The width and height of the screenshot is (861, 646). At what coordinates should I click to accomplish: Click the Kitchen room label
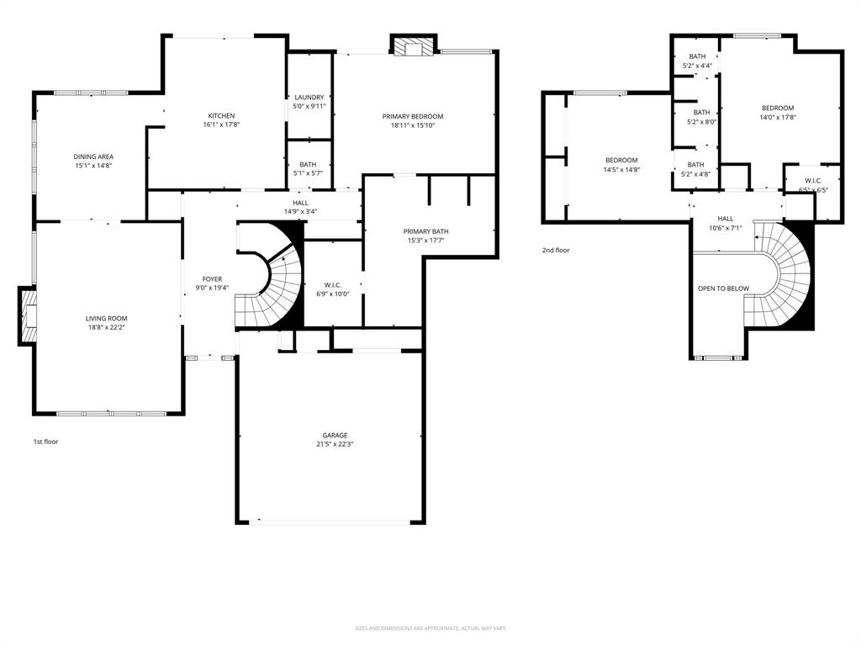pyautogui.click(x=222, y=116)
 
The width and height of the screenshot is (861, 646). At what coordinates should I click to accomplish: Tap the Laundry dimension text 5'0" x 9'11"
pyautogui.click(x=309, y=107)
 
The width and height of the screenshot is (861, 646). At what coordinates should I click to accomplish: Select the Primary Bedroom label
pyautogui.click(x=412, y=116)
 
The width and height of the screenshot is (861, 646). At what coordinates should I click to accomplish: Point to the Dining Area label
pyautogui.click(x=93, y=156)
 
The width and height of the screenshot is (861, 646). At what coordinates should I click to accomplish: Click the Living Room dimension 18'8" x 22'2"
pyautogui.click(x=106, y=327)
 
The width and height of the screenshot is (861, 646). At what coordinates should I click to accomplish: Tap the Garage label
pyautogui.click(x=335, y=435)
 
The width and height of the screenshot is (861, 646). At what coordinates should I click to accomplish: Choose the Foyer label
pyautogui.click(x=212, y=278)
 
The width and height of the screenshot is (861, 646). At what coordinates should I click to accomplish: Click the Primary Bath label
pyautogui.click(x=425, y=231)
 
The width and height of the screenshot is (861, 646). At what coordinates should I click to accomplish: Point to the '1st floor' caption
pyautogui.click(x=45, y=441)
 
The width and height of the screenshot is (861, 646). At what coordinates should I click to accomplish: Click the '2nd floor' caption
pyautogui.click(x=556, y=250)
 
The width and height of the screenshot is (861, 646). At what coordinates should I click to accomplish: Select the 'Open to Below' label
pyautogui.click(x=723, y=289)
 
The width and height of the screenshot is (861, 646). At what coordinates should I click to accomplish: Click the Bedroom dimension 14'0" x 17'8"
pyautogui.click(x=778, y=117)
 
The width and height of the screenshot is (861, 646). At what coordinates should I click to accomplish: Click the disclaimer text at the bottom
pyautogui.click(x=430, y=627)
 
